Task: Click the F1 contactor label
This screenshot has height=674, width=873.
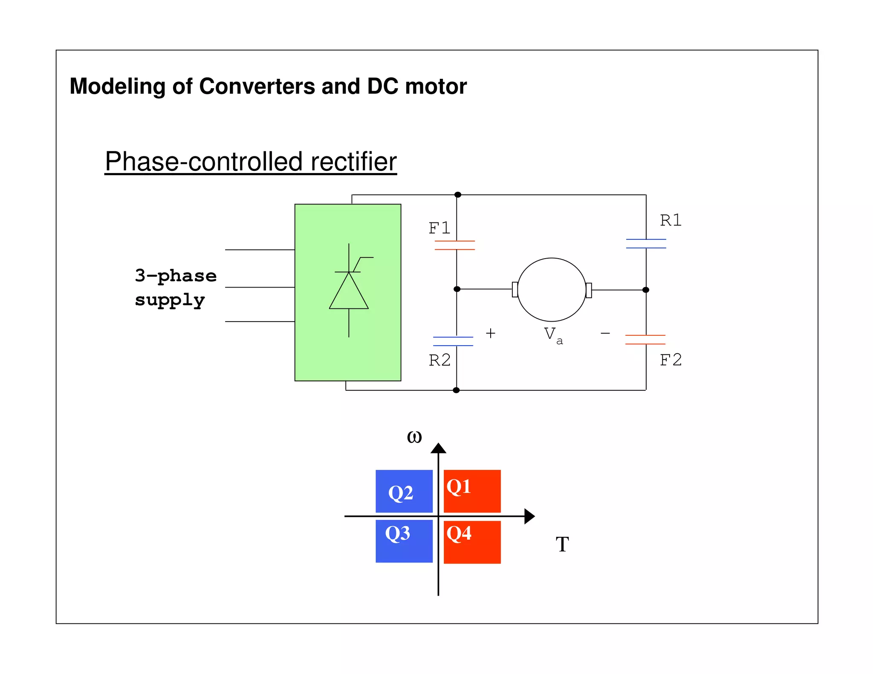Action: (439, 228)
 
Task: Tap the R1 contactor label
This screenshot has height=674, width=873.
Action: (671, 220)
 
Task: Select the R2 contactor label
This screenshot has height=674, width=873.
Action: (439, 360)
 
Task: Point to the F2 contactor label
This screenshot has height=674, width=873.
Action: (671, 360)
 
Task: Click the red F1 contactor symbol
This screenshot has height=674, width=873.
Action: (455, 245)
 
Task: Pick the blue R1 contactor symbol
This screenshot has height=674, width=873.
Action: (646, 244)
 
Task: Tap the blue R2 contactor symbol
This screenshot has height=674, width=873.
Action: (453, 341)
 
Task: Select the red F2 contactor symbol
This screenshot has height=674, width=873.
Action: (645, 340)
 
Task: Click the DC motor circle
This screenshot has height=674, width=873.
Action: (552, 290)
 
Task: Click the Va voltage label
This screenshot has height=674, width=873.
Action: (552, 335)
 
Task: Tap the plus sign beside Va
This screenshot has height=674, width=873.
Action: (491, 333)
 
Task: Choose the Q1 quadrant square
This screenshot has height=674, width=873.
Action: (472, 491)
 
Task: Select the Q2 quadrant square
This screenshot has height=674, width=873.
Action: (404, 491)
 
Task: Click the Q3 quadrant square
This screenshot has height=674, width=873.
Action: (404, 541)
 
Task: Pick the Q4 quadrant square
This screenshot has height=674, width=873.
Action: (472, 542)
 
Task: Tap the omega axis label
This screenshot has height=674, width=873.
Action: (414, 437)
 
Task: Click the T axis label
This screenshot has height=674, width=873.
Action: (562, 544)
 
